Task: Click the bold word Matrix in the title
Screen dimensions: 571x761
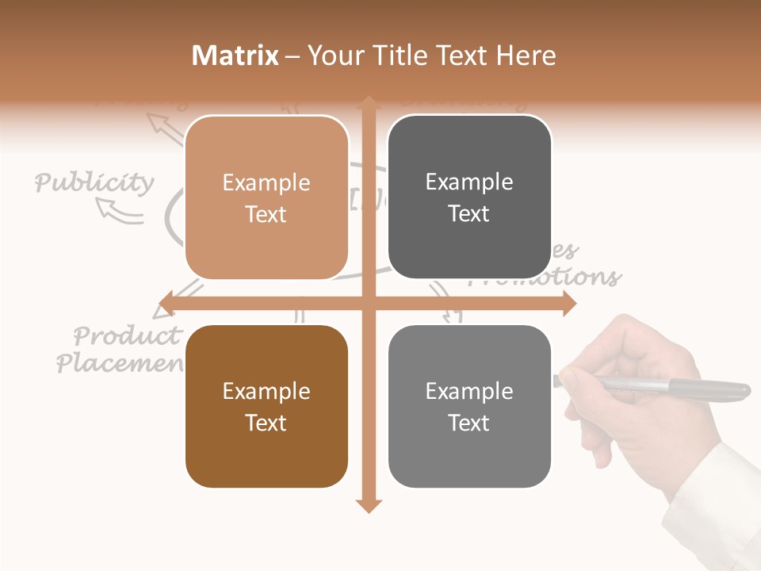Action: [x=235, y=56]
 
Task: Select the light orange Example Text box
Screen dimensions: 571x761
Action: [x=266, y=198]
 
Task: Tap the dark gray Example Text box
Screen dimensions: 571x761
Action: [x=469, y=197]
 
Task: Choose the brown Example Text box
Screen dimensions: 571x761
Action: [x=266, y=407]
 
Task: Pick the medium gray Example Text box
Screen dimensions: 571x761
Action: [x=469, y=407]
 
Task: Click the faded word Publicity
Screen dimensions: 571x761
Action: [x=94, y=183]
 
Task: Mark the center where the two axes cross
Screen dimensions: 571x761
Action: [x=369, y=303]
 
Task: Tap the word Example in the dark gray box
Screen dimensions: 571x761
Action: [x=469, y=182]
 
